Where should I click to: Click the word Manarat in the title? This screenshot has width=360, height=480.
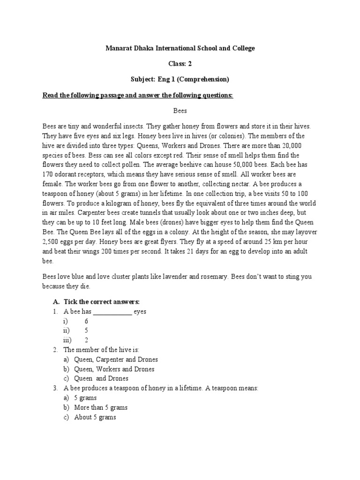120,48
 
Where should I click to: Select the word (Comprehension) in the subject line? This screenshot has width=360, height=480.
203,79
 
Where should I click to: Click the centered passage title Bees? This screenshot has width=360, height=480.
180,111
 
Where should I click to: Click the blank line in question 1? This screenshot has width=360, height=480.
112,312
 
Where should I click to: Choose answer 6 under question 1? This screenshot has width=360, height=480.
86,321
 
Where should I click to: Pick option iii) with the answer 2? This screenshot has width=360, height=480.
86,340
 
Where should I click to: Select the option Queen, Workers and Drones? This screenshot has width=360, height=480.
114,369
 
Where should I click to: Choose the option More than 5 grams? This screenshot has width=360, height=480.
101,407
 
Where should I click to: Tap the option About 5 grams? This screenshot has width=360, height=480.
95,417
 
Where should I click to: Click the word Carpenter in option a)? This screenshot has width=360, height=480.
110,360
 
